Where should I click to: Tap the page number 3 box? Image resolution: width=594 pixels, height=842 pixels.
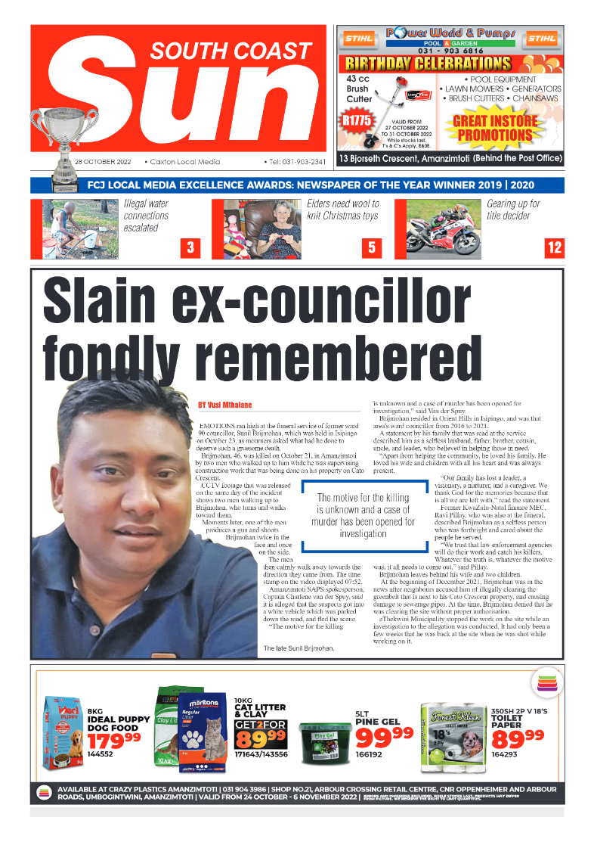coord(190,247)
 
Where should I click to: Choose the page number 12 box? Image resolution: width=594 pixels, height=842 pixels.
coord(554,247)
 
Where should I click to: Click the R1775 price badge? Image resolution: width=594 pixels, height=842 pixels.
coord(354,120)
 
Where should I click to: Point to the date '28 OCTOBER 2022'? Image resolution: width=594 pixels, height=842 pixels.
coord(103,162)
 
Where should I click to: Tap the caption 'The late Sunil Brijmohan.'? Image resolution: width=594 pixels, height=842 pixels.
coord(299,648)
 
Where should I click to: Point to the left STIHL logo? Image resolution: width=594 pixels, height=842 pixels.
coord(357,39)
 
